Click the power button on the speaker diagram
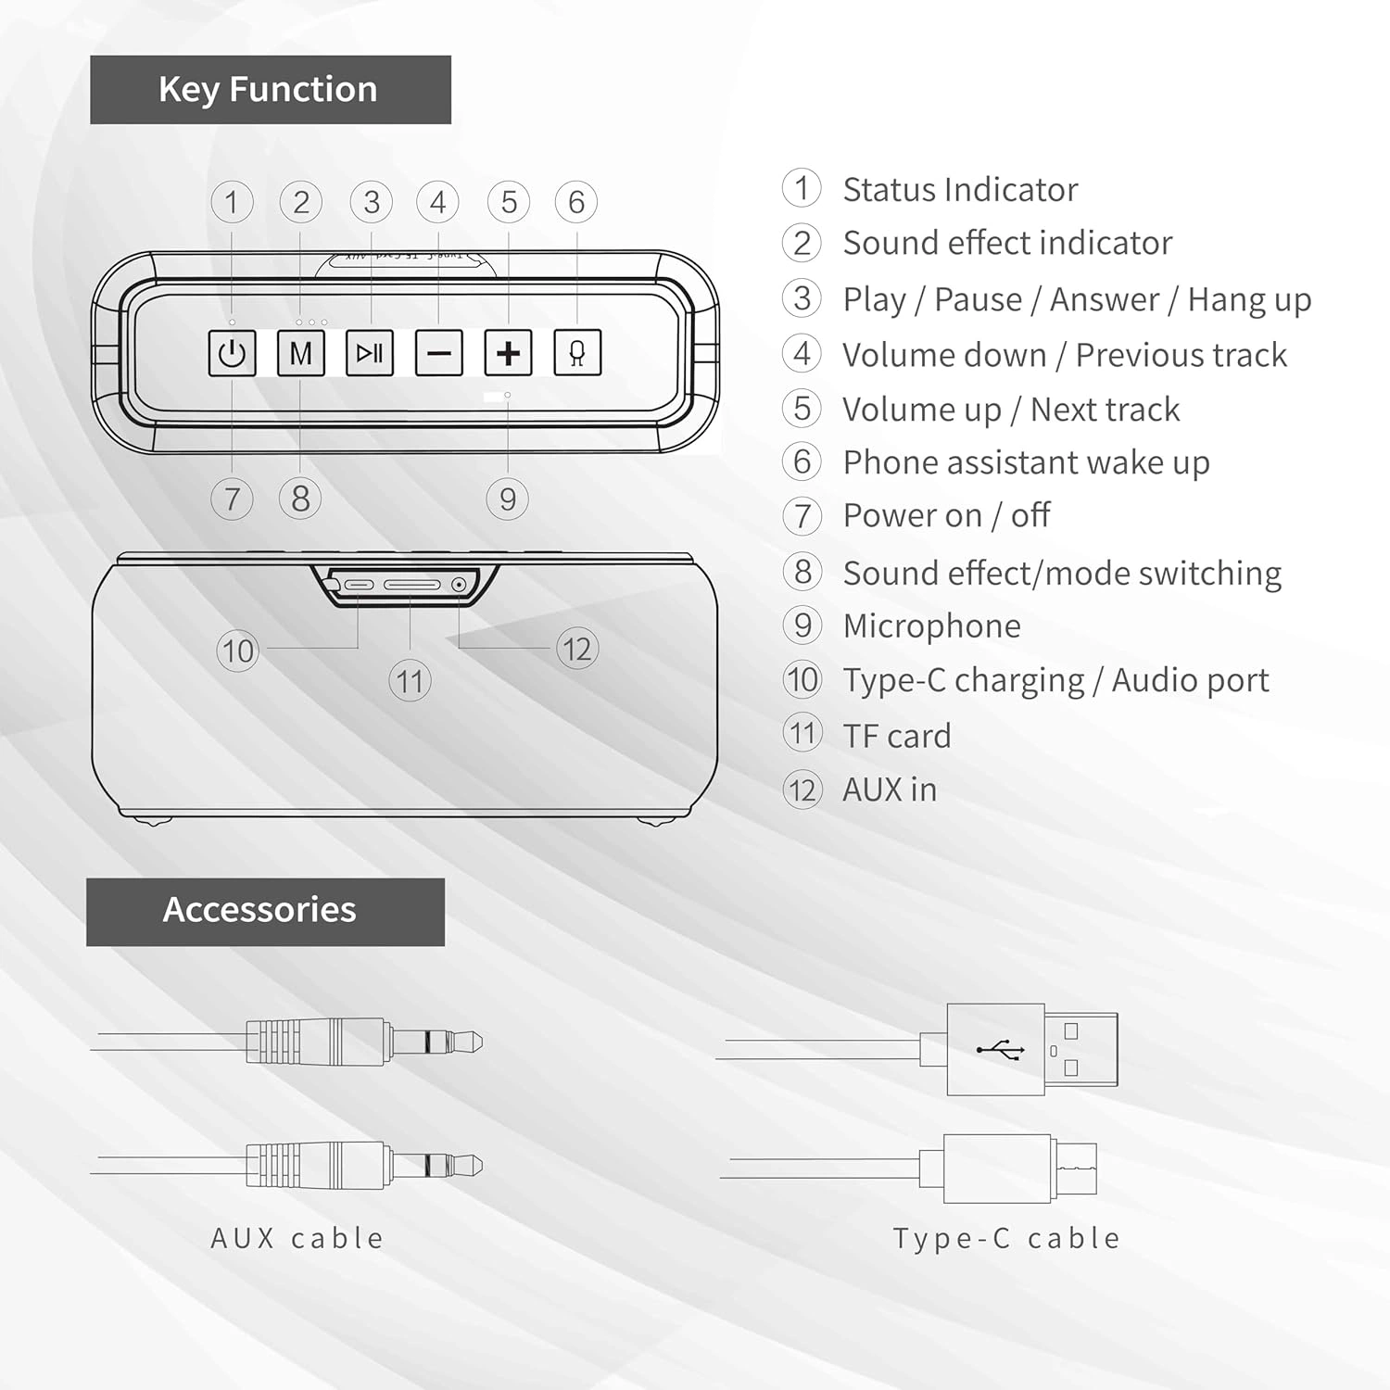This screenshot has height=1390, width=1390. coord(232,353)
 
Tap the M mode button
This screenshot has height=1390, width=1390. coord(301,353)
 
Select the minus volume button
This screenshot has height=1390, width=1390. coord(439,353)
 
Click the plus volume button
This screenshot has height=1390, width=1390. coord(508,353)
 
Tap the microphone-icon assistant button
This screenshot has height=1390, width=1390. coord(577,353)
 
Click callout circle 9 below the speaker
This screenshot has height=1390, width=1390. coord(508,499)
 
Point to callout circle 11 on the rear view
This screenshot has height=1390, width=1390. coord(410,682)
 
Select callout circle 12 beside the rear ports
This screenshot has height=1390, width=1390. coord(577,649)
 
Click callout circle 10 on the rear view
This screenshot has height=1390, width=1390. coord(237,651)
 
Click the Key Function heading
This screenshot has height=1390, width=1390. coord(270,90)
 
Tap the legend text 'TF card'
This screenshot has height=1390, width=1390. coord(897,736)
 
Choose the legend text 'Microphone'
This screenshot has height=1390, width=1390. coord(932,626)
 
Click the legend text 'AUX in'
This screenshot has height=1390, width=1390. coord(890,790)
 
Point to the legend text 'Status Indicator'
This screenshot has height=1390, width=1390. coord(960,189)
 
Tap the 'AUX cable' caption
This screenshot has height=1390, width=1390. coord(297,1238)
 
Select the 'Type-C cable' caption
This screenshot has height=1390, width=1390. coord(1006,1238)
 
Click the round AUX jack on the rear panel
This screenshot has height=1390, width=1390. coord(459,585)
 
